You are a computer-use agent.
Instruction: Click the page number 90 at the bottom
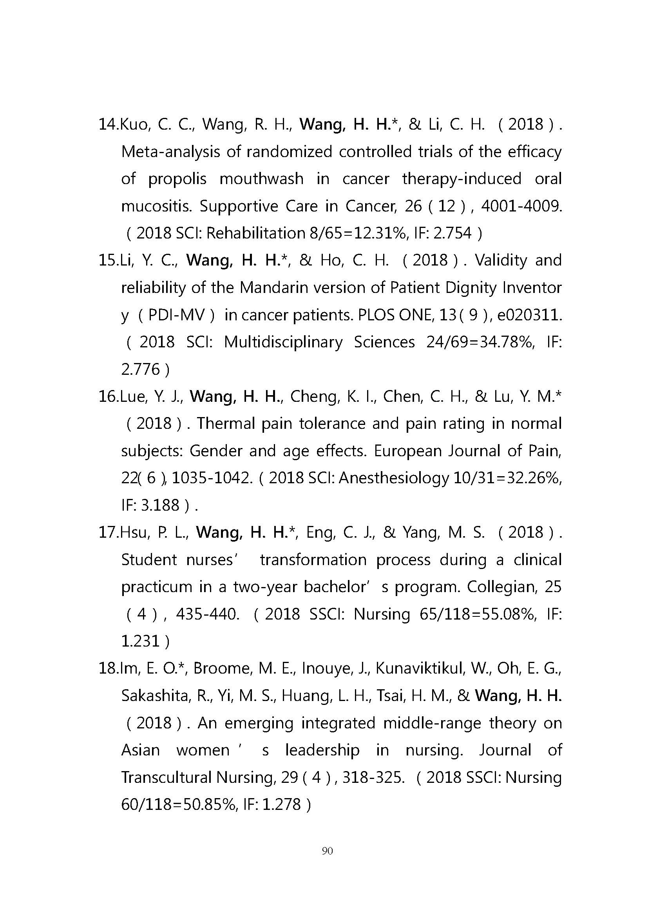click(x=327, y=851)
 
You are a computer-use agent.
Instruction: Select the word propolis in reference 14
click(x=177, y=179)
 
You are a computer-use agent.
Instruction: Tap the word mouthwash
click(x=261, y=179)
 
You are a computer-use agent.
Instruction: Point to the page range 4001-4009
click(x=521, y=206)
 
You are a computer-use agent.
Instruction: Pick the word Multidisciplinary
click(x=283, y=342)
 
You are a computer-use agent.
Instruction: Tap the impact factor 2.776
click(x=140, y=369)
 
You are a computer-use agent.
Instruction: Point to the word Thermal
click(x=226, y=424)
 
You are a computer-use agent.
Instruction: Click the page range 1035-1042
click(x=212, y=478)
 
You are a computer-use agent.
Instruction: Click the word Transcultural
click(x=166, y=777)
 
